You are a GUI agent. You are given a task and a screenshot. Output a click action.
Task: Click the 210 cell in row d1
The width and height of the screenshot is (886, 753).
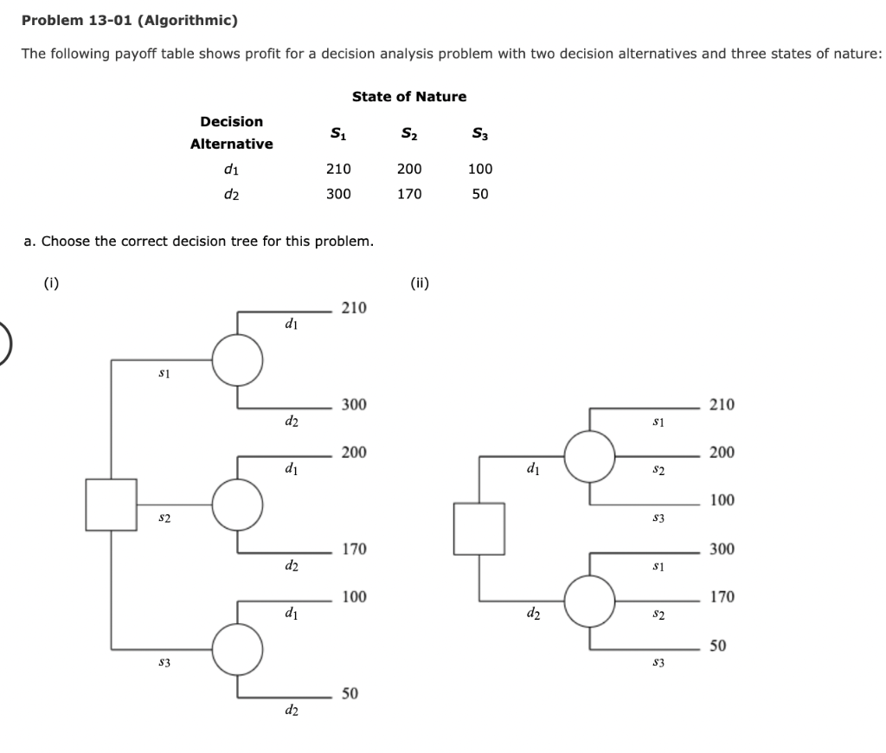pos(337,170)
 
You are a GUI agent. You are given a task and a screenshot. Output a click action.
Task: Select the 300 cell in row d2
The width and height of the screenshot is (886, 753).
pos(337,194)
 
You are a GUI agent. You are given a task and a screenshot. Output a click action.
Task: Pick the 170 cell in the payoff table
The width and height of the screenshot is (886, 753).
pos(409,194)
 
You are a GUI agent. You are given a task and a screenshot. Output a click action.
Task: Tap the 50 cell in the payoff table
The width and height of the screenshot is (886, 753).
pos(480,194)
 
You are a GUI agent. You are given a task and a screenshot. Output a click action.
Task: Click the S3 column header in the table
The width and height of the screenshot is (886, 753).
pos(479,133)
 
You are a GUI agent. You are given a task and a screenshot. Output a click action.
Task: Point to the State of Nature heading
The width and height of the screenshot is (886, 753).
pos(409,96)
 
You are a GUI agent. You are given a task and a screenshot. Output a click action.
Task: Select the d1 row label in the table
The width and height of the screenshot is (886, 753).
pos(231,170)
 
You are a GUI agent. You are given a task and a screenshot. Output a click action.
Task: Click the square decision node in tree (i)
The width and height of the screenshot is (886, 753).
pos(111,505)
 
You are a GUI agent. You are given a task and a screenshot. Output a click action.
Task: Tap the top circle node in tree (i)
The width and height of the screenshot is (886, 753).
pos(238,359)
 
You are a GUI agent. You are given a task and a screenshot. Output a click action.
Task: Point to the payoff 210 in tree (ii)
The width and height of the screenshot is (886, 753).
pos(722,404)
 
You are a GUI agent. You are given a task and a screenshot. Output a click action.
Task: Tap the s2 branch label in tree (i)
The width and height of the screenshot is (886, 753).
pos(162,517)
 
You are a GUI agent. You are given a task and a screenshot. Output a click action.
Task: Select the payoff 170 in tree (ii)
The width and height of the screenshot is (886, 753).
pos(722,597)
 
